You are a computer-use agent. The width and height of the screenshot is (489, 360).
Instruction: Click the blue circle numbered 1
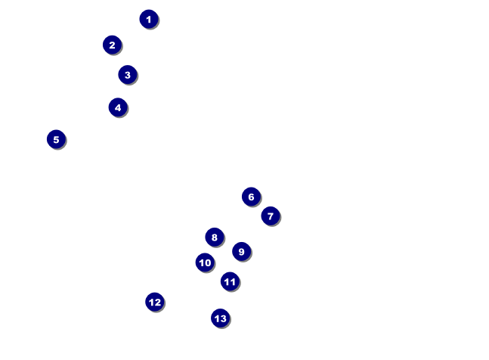click(149, 19)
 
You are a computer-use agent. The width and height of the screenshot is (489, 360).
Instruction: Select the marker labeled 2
click(112, 45)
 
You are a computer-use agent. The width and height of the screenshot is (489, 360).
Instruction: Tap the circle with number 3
click(127, 75)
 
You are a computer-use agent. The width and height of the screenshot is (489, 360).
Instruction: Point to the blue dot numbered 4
click(117, 107)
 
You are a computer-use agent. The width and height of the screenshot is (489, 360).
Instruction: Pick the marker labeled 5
click(56, 139)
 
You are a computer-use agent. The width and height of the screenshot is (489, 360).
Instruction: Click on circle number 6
click(251, 197)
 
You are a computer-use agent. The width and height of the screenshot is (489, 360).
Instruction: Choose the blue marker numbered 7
click(271, 216)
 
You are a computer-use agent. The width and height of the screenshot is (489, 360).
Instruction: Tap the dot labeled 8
click(215, 237)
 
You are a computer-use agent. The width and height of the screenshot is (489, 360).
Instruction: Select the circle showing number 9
click(241, 251)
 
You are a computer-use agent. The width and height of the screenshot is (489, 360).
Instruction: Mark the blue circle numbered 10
click(205, 262)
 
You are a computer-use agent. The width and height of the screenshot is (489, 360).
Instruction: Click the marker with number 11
click(230, 281)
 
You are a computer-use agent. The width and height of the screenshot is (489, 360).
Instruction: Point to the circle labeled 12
click(154, 302)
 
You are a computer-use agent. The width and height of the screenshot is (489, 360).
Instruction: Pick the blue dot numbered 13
click(220, 318)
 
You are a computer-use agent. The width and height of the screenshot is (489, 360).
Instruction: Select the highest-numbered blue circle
click(220, 318)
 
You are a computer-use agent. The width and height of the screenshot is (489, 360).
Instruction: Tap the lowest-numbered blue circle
click(149, 19)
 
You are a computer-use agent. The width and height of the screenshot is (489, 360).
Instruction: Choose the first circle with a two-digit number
click(205, 262)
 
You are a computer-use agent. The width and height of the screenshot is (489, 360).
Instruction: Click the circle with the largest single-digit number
click(241, 251)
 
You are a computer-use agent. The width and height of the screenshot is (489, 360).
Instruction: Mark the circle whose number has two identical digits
click(230, 281)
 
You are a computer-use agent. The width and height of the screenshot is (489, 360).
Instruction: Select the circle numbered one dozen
click(154, 302)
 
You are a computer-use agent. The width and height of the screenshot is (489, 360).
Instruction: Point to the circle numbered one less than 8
click(271, 216)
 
